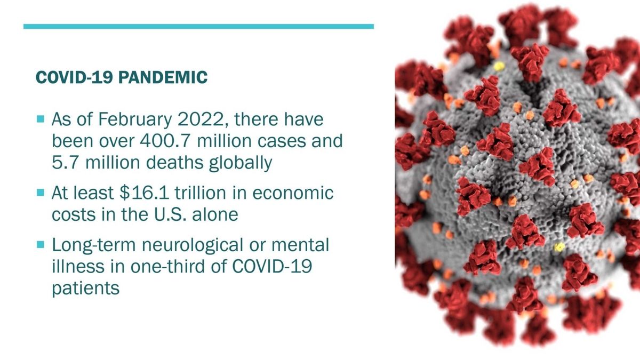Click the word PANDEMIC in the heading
(x=163, y=77)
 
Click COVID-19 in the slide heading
(x=74, y=77)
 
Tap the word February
(x=135, y=120)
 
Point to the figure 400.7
(x=165, y=141)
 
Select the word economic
(x=293, y=193)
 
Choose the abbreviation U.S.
(x=171, y=214)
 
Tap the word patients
(x=86, y=289)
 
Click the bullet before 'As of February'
(x=41, y=118)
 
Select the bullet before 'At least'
(x=41, y=193)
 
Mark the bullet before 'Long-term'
(x=41, y=245)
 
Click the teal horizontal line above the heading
(x=198, y=27)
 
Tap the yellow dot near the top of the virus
(x=499, y=67)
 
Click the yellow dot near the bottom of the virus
(x=559, y=247)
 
